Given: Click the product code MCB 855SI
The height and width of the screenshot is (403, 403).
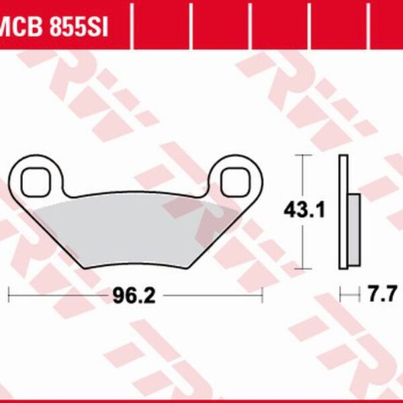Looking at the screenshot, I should [54, 27].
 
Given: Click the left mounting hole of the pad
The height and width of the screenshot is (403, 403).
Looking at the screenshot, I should [34, 179].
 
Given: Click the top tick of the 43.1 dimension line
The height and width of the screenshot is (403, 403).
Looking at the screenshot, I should [304, 156].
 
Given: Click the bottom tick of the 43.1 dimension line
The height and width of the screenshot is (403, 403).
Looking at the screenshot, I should [304, 267].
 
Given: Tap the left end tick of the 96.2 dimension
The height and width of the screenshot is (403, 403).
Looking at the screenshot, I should [8, 295].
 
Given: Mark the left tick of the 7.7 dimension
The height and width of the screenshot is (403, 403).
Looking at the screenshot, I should [341, 294].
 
